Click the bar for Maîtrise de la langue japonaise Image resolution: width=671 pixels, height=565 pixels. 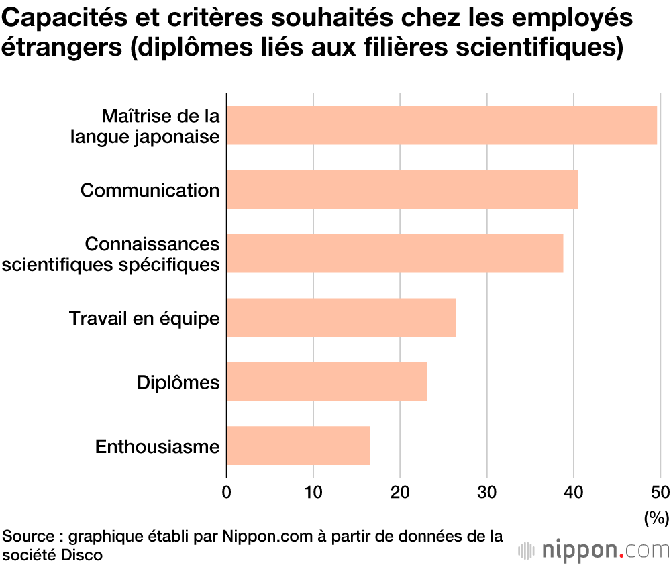click(442, 125)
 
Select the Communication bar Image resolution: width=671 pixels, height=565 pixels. click(402, 189)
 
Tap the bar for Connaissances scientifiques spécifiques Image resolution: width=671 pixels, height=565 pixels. click(395, 254)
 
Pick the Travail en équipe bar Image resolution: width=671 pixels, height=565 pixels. click(341, 317)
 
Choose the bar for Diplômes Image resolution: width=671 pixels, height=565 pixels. click(327, 382)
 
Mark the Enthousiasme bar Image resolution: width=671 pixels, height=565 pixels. click(298, 446)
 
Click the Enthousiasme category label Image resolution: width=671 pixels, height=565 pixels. click(158, 446)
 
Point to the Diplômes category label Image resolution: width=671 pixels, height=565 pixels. click(178, 382)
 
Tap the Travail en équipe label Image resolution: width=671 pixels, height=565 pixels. click(144, 318)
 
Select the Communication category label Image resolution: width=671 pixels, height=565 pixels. click(150, 190)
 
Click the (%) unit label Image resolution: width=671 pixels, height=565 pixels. click(656, 517)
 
